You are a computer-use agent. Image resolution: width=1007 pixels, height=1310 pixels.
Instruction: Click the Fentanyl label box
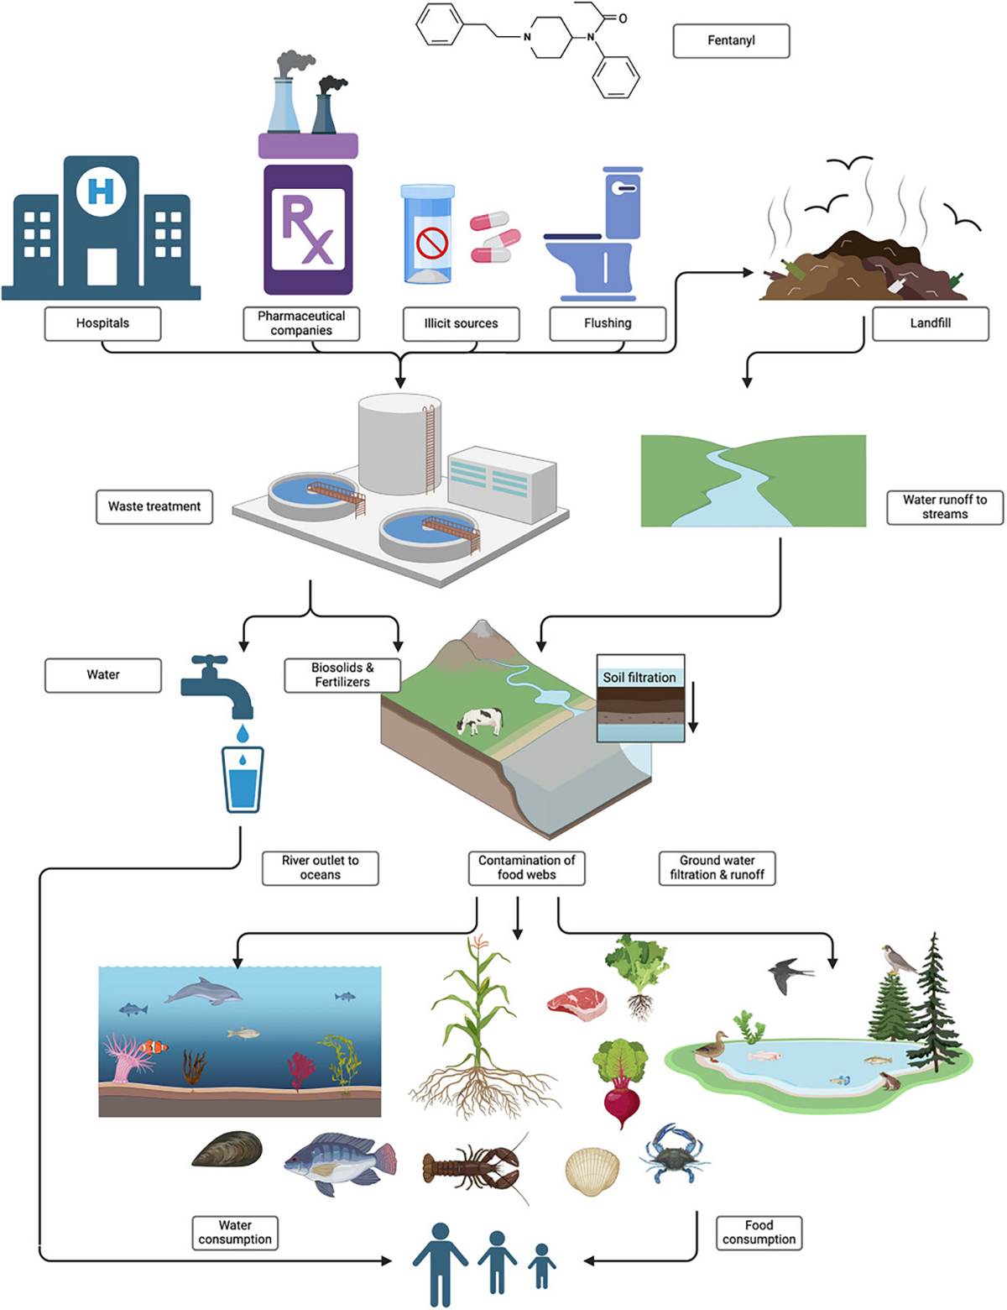pos(731,40)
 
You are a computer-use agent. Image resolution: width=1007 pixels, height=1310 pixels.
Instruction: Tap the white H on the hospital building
pos(101,191)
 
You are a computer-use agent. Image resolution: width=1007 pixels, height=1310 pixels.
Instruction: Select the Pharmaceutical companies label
pos(301,323)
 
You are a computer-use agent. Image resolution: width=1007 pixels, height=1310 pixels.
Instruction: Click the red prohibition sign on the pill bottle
pos(432,243)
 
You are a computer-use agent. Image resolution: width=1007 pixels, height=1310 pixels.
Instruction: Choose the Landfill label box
pos(930,323)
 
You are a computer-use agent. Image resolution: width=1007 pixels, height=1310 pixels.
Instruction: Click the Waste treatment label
pos(154,506)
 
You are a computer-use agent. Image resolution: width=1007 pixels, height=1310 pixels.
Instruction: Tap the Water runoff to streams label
pos(944,507)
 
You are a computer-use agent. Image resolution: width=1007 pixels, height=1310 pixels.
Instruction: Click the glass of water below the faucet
pos(243,779)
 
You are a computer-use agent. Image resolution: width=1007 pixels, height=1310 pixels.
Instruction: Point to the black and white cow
pos(480,720)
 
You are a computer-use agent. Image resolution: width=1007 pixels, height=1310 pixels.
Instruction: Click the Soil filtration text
pos(639,677)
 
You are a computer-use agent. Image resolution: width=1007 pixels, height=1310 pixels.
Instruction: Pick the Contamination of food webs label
pos(526,867)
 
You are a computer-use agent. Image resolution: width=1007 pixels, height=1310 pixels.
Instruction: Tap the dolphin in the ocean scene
pos(204,994)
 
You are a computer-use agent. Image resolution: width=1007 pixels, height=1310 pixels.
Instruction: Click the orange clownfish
pos(153,1046)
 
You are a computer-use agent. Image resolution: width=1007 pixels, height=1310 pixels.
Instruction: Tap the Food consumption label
pos(759,1233)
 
